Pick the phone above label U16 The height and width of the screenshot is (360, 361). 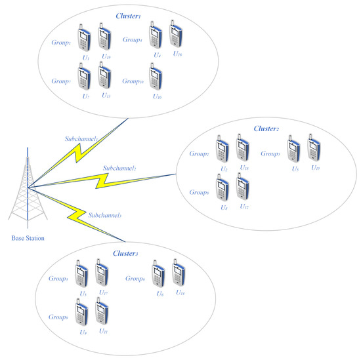[x=176, y=33]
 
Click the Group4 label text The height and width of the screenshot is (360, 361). [x=133, y=40]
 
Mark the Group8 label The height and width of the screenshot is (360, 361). [x=199, y=193]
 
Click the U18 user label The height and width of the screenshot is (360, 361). [x=244, y=169]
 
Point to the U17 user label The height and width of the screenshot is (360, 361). [x=103, y=292]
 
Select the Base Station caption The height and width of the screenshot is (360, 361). [x=28, y=238]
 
